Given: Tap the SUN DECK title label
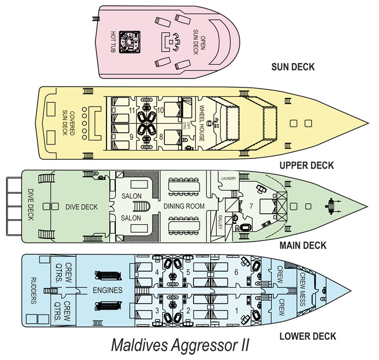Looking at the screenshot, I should click(293, 67).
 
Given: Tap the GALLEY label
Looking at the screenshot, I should click(220, 223).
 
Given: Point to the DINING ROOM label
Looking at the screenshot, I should click(183, 206).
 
